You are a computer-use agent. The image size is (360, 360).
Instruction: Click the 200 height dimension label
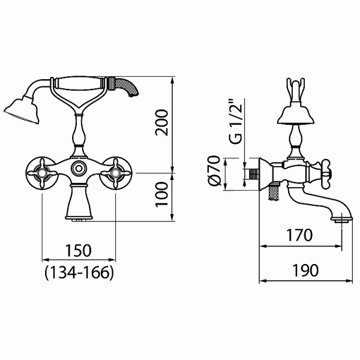162,123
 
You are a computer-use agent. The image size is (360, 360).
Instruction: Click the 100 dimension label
162,194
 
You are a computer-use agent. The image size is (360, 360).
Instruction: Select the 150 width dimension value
79,250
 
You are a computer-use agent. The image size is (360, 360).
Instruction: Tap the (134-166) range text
79,273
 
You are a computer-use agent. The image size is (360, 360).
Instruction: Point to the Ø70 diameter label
214,171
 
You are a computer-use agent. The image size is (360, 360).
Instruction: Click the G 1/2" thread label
235,121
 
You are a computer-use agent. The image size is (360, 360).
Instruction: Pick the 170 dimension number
299,235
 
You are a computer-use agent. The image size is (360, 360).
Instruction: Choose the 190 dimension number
305,270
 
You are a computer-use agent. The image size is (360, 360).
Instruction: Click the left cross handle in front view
42,173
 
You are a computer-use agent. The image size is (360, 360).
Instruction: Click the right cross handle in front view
115,173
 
